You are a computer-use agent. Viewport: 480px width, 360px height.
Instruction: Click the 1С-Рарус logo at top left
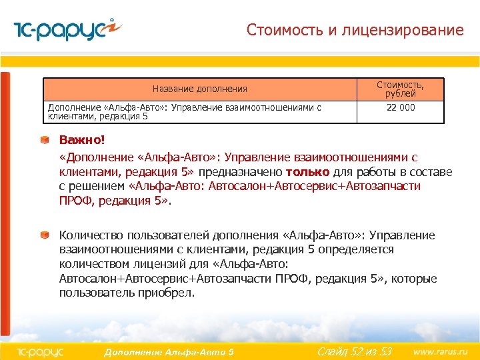pos(67,30)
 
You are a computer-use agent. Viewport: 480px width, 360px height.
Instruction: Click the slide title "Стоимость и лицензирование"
pos(355,30)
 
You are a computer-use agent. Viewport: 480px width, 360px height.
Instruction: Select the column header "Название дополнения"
pos(199,89)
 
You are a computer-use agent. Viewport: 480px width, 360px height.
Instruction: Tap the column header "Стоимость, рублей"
pos(400,89)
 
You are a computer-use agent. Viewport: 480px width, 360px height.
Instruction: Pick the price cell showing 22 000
pos(400,107)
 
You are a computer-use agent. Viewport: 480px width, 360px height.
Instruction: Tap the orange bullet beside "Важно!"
pos(44,140)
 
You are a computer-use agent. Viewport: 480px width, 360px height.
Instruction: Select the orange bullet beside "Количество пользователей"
pos(44,235)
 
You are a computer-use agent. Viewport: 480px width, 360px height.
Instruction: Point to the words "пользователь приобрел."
pos(127,293)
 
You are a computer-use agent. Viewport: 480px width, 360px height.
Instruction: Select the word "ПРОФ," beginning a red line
pos(77,201)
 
